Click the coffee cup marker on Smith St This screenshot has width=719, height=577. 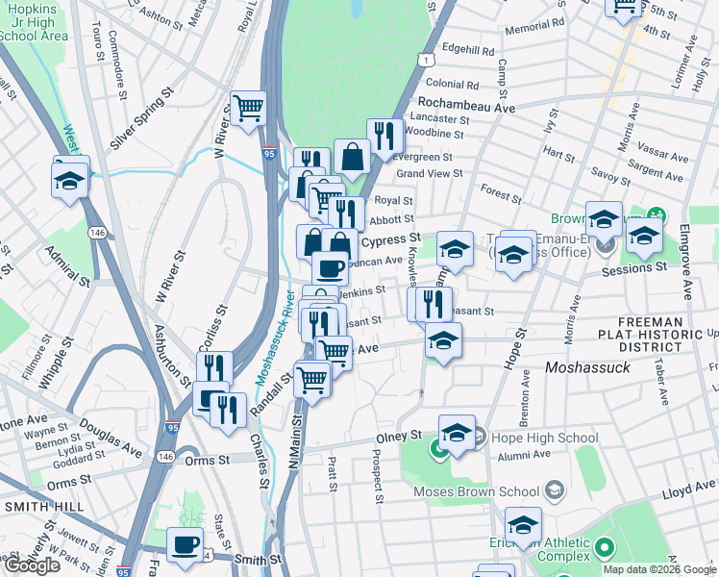click(185, 544)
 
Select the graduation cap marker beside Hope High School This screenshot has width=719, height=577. click(458, 433)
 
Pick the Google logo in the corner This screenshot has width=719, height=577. click(33, 565)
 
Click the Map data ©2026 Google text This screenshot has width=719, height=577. click(659, 569)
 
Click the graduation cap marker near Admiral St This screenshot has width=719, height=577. click(71, 181)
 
